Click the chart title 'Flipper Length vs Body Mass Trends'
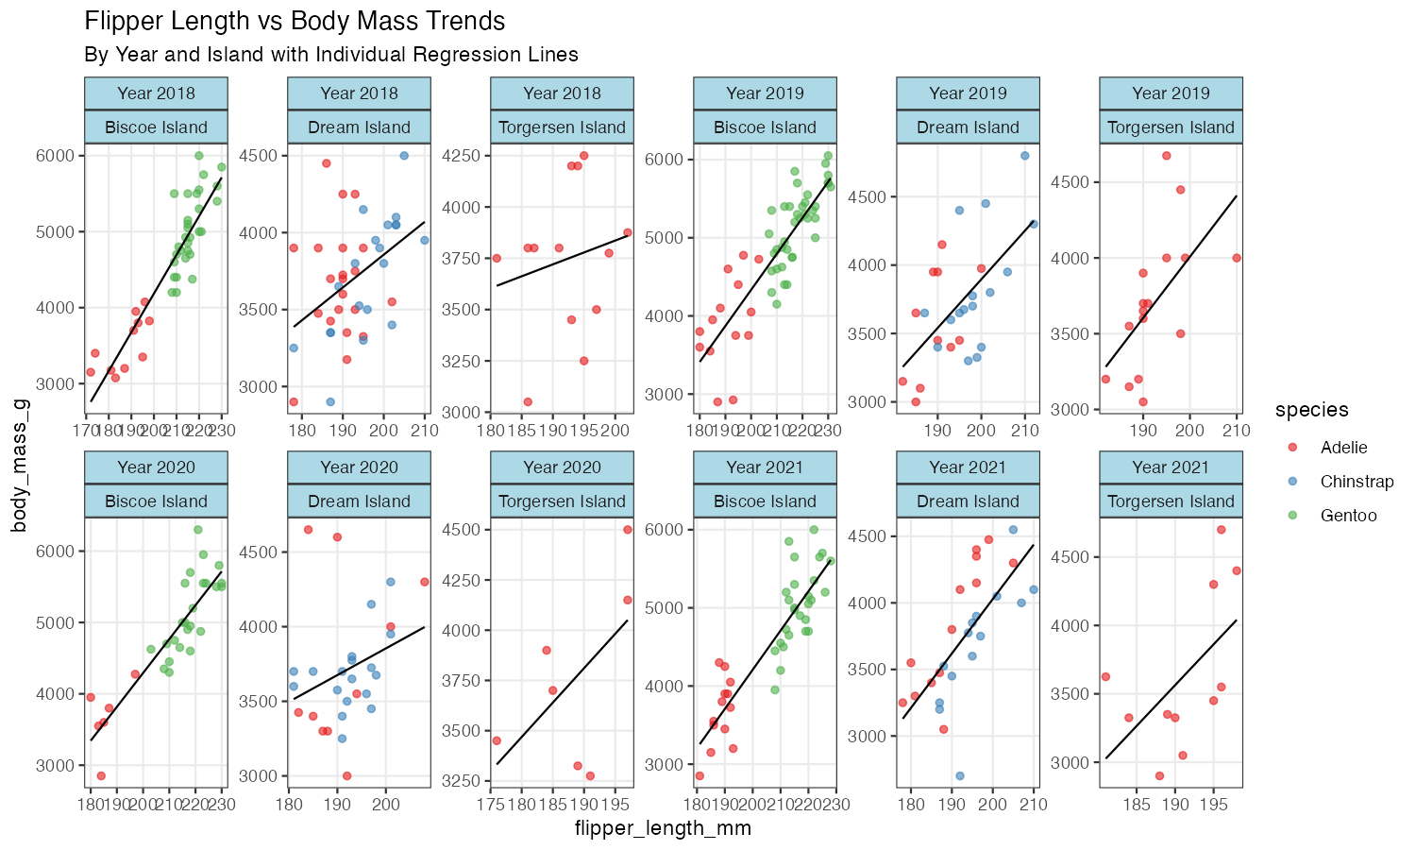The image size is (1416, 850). [x=295, y=22]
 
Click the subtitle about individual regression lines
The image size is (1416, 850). [x=330, y=55]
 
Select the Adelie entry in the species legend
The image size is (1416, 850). [x=1343, y=448]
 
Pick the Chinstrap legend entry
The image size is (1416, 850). [x=1357, y=482]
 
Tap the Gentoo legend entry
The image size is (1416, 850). [x=1348, y=516]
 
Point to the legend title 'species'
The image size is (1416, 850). [x=1311, y=410]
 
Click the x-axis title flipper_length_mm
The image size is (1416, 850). [x=663, y=829]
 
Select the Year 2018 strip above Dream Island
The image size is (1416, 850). [x=359, y=93]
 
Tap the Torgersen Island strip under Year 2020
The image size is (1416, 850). [x=562, y=501]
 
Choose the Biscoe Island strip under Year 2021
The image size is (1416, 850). [x=765, y=501]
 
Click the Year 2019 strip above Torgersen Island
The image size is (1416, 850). [x=1171, y=93]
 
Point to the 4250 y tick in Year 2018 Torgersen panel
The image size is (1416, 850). [x=464, y=156]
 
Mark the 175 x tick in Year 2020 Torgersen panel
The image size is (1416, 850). [x=492, y=805]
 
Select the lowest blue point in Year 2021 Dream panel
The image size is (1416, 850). [x=960, y=776]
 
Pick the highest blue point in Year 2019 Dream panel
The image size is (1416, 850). [x=1025, y=156]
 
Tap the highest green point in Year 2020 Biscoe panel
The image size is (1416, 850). [x=198, y=530]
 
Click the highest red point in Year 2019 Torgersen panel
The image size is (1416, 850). [x=1167, y=156]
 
